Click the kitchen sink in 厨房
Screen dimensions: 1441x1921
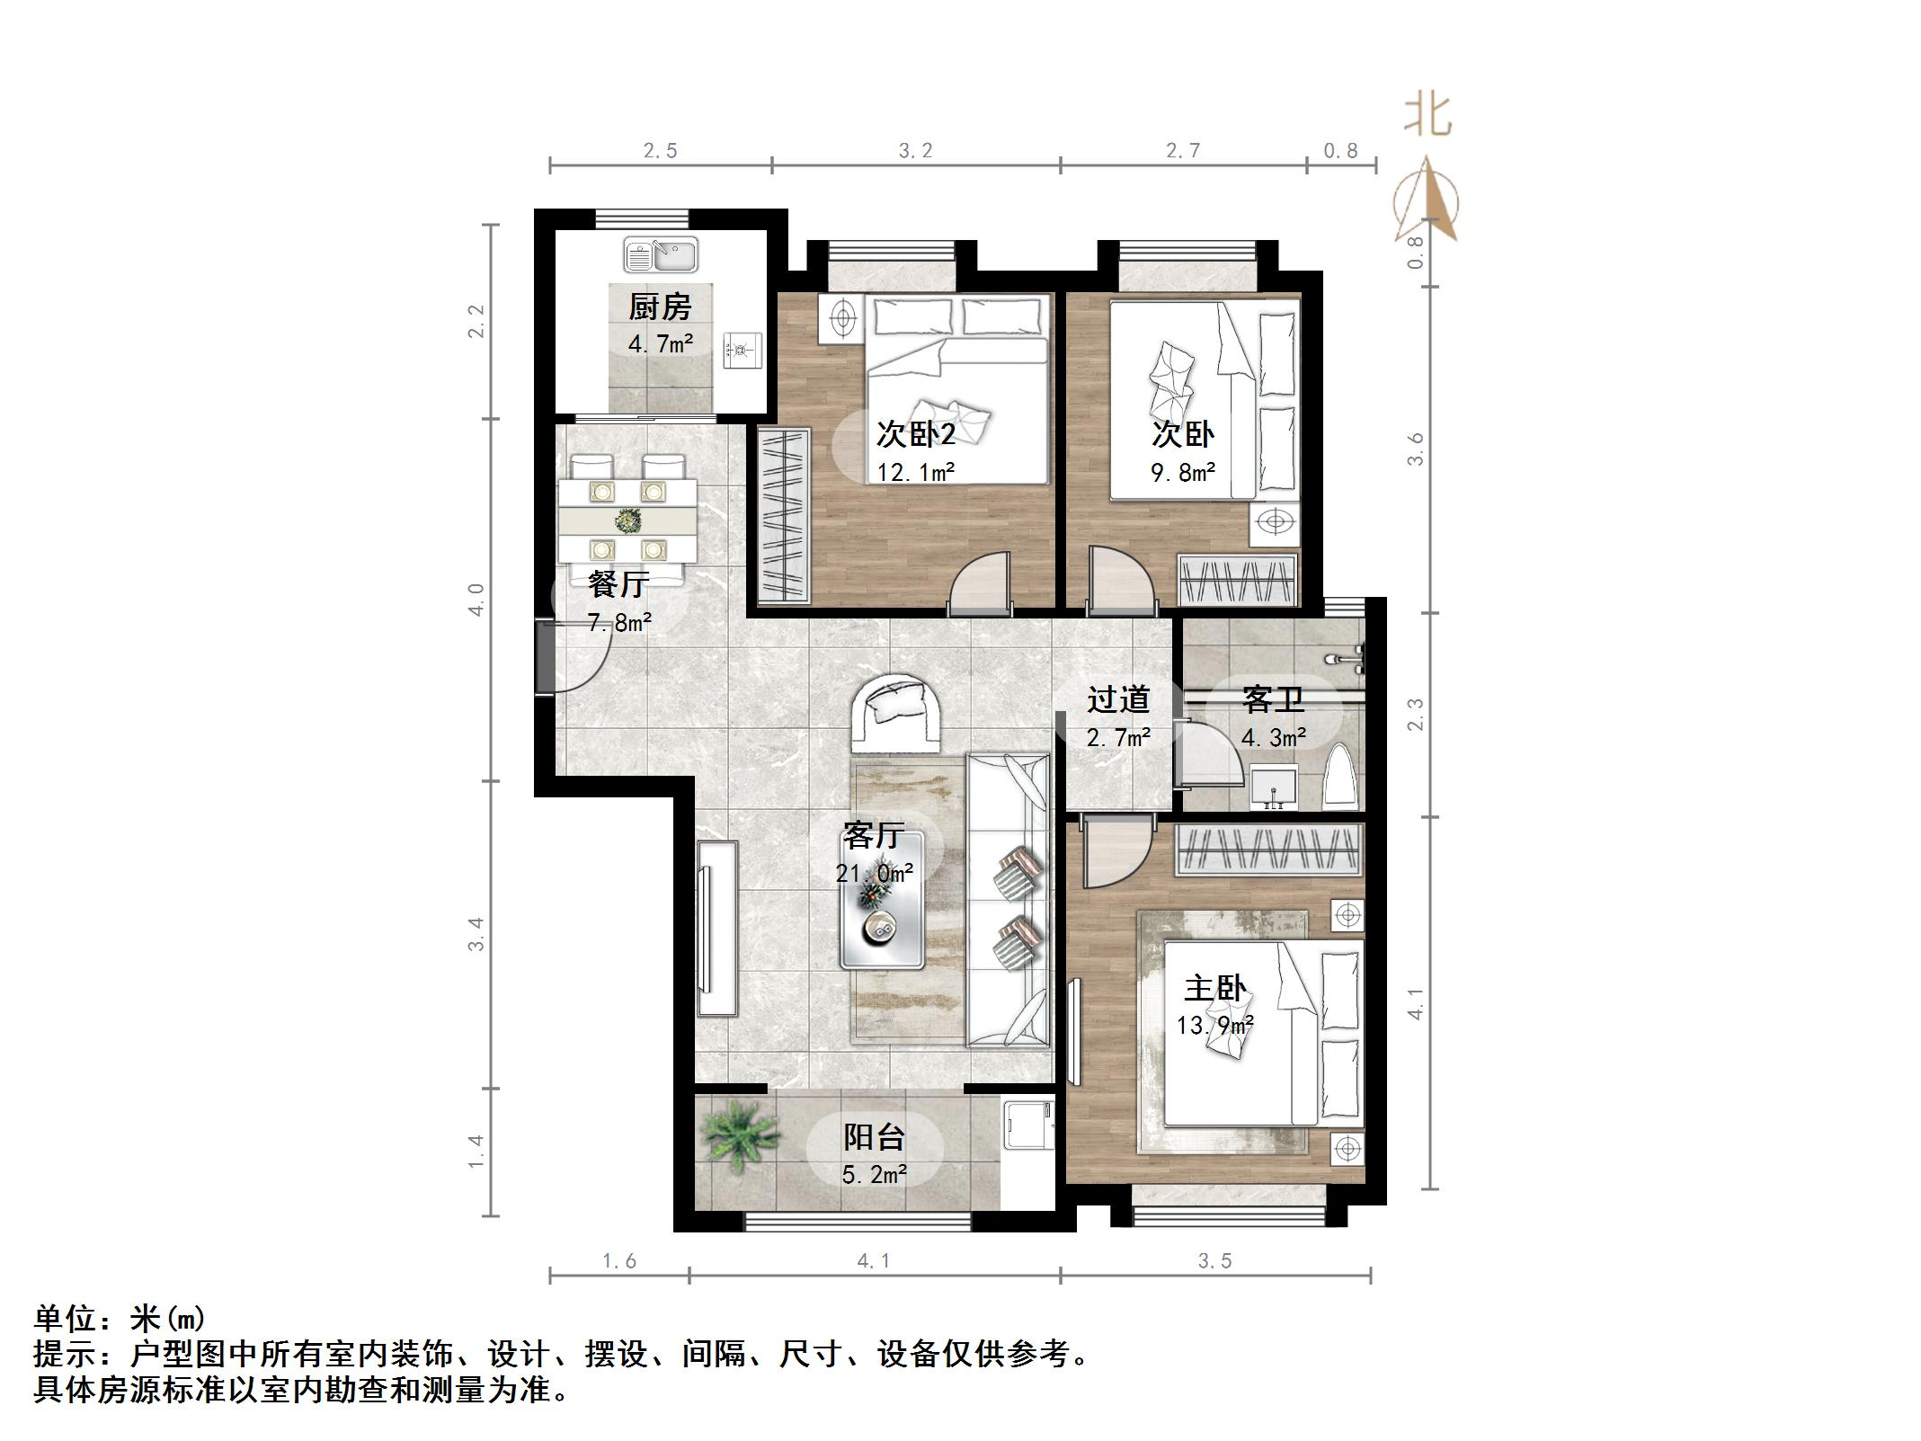661,254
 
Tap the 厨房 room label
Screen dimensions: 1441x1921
660,307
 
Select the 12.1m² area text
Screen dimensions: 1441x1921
915,471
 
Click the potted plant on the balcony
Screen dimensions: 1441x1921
739,1129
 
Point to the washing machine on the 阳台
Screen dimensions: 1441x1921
1027,1124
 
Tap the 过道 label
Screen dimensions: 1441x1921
1117,699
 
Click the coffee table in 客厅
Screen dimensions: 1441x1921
882,899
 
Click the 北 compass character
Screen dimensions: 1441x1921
1427,117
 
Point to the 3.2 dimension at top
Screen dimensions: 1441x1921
915,151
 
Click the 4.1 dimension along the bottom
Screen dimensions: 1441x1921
873,1261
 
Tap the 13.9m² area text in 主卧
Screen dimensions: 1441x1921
1215,1024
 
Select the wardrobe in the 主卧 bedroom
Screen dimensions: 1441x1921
1269,849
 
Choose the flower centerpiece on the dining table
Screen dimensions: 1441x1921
627,520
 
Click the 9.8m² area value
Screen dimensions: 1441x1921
1183,471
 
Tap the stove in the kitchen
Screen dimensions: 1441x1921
743,351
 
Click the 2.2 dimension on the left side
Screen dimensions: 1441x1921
476,321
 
